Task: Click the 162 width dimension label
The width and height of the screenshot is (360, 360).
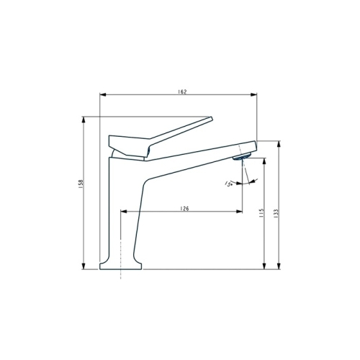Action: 182,91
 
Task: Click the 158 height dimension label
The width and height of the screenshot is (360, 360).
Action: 81,184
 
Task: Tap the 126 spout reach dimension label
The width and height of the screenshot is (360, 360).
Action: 184,209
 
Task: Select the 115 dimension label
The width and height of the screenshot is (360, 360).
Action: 261,213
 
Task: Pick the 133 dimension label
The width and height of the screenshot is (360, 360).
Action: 276,214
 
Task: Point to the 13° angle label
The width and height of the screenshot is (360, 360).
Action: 228,184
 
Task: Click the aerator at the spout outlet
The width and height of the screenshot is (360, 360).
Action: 242,157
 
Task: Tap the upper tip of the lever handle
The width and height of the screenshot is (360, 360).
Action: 212,118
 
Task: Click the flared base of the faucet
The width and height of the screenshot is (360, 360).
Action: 120,266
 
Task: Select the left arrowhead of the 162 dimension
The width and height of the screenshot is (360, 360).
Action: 103,95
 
